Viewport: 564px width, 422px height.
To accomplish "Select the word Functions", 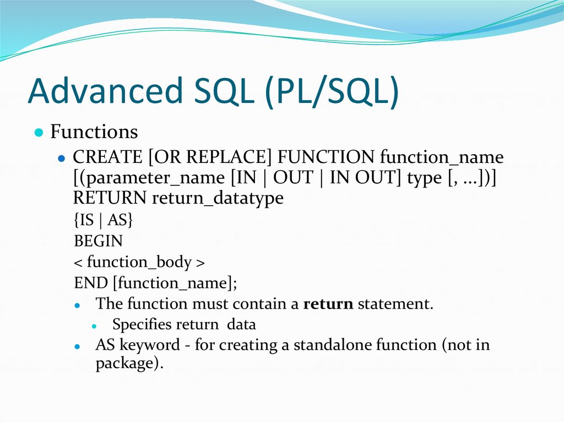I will click(94, 132).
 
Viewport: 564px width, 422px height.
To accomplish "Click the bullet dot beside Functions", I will click(38, 133).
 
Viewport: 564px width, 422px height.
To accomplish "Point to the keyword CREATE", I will click(107, 158).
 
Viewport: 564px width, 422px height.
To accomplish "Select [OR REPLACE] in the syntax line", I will click(210, 158).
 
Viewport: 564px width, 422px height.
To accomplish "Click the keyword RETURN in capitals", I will click(110, 198).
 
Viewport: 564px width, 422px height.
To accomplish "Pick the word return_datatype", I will click(218, 198).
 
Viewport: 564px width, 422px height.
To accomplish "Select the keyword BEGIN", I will click(98, 241).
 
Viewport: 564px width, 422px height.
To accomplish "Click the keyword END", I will click(91, 283).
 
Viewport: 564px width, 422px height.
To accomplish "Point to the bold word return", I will click(328, 304).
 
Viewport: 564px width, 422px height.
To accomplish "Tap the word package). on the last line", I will click(130, 364).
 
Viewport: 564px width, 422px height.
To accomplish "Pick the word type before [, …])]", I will click(424, 178).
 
